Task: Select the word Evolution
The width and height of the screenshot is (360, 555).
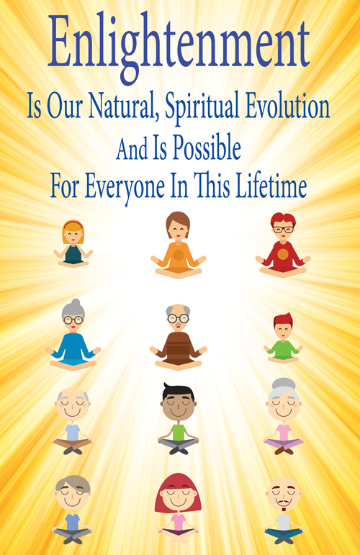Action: (287, 106)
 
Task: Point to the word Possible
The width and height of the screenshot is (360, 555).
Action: (207, 146)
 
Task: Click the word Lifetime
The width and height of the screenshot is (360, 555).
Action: (271, 185)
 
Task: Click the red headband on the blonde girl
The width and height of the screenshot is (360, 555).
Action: (73, 225)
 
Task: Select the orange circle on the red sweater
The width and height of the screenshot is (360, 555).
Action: (283, 254)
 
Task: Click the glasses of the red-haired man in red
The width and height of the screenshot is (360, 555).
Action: (283, 230)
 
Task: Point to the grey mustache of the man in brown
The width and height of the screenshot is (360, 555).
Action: (179, 324)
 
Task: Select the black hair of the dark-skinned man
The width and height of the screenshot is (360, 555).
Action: (178, 391)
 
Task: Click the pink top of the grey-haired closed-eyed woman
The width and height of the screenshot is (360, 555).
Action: (284, 432)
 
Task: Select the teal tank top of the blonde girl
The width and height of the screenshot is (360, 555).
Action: (73, 255)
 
